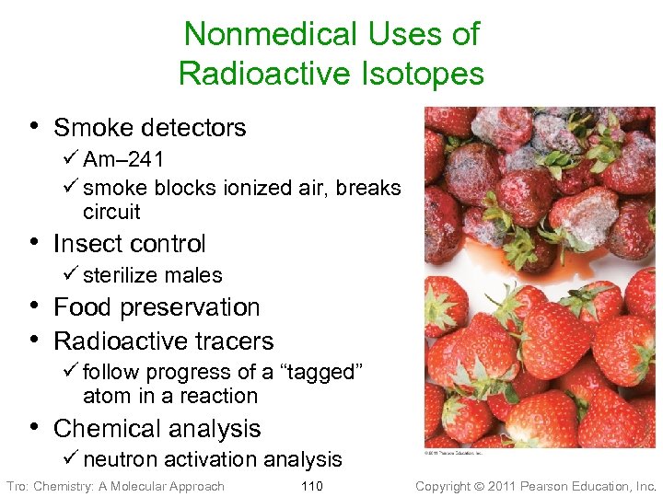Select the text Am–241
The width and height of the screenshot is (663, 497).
(123, 159)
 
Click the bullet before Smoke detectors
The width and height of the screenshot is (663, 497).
(34, 126)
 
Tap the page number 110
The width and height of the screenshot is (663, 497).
(312, 486)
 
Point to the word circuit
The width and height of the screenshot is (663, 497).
(111, 212)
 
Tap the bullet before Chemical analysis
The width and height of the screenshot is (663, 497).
(34, 427)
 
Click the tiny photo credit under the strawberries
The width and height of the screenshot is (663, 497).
(451, 453)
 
